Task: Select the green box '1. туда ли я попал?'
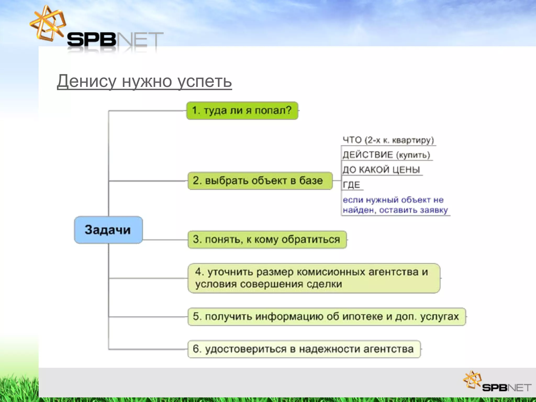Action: point(242,110)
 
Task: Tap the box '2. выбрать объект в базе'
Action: point(260,181)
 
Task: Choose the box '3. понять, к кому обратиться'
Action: point(267,239)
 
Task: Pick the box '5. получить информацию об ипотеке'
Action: point(326,317)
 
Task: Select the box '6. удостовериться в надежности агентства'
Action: point(304,349)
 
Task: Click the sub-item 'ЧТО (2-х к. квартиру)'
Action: point(388,140)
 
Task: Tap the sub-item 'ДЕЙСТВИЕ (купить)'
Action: point(386,155)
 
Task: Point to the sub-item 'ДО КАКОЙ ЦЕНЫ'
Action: point(381,170)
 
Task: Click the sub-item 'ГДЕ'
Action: point(351,185)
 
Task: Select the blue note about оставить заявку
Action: point(395,205)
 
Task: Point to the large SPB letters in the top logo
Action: point(91,40)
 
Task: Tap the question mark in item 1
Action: point(288,110)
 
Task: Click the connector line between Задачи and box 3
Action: point(165,240)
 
